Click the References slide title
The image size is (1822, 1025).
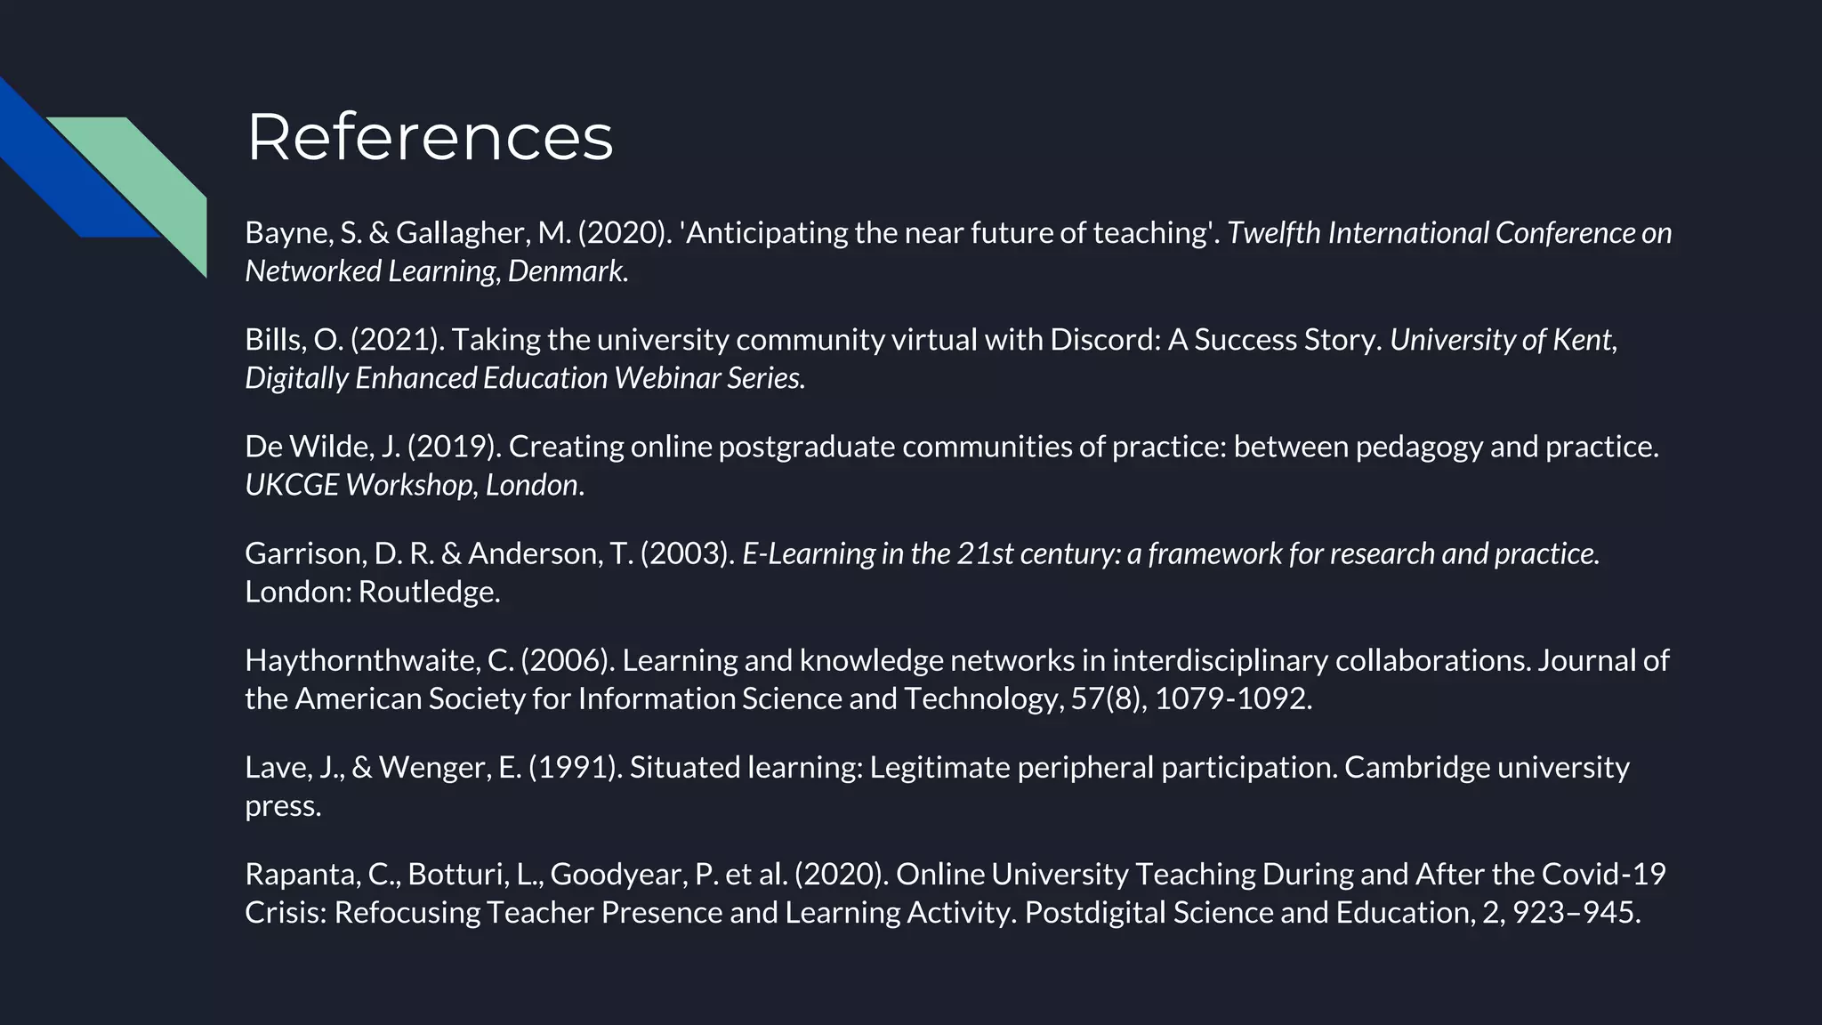click(430, 137)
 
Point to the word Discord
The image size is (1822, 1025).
click(1100, 340)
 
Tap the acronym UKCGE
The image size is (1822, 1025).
click(291, 485)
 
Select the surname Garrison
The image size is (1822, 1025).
click(304, 554)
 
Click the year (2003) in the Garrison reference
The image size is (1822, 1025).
click(687, 554)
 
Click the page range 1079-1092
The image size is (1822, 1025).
click(1232, 699)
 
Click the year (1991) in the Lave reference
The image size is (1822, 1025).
click(575, 768)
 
